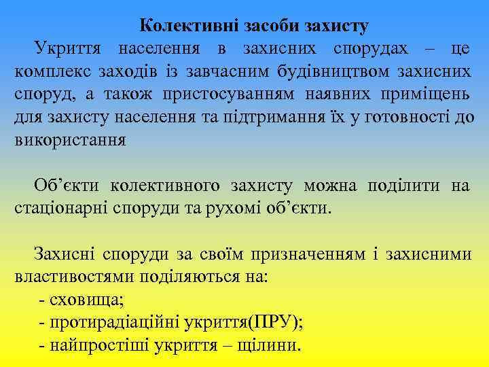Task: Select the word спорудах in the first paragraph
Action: (372, 49)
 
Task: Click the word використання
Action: (69, 141)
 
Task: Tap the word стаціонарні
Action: (62, 208)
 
